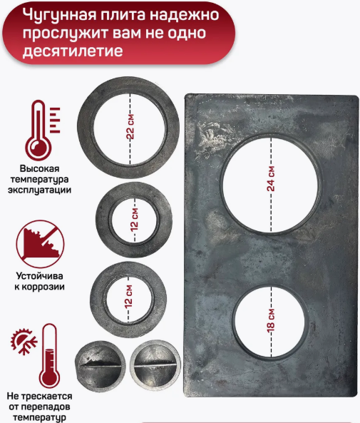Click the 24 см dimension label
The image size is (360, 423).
271,175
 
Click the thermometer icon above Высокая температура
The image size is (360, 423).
40,130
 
